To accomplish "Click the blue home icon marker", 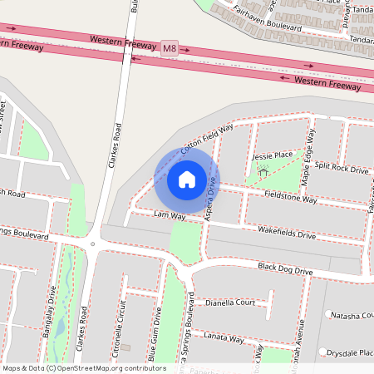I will [186, 179].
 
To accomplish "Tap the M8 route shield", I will [170, 49].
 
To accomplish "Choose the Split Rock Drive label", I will [342, 169].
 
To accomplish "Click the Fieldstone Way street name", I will [291, 200].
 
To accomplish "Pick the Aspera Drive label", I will [211, 200].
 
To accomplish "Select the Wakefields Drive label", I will [287, 235].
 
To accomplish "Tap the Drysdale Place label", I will [350, 352].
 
